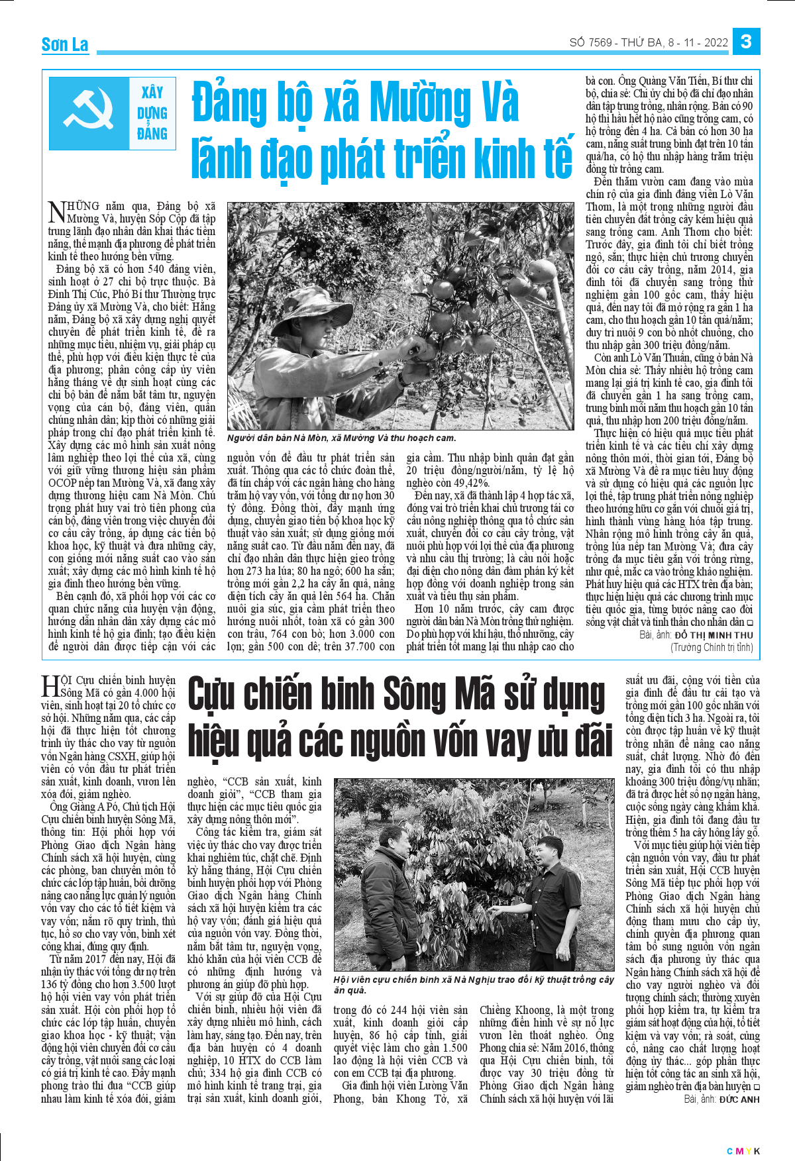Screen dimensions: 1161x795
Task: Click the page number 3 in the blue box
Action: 746,42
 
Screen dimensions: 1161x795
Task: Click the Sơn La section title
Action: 65,45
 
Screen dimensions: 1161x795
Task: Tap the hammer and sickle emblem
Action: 89,113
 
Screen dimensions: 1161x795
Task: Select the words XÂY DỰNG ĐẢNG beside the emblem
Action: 152,113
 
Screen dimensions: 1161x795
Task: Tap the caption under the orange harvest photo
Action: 341,438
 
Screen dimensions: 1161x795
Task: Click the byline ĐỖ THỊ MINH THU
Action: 714,635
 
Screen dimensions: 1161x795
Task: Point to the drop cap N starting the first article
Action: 57,213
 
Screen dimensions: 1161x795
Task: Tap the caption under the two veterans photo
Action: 473,985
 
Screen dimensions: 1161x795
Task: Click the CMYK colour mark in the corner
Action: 743,1151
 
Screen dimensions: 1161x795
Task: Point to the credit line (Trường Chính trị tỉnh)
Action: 712,647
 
